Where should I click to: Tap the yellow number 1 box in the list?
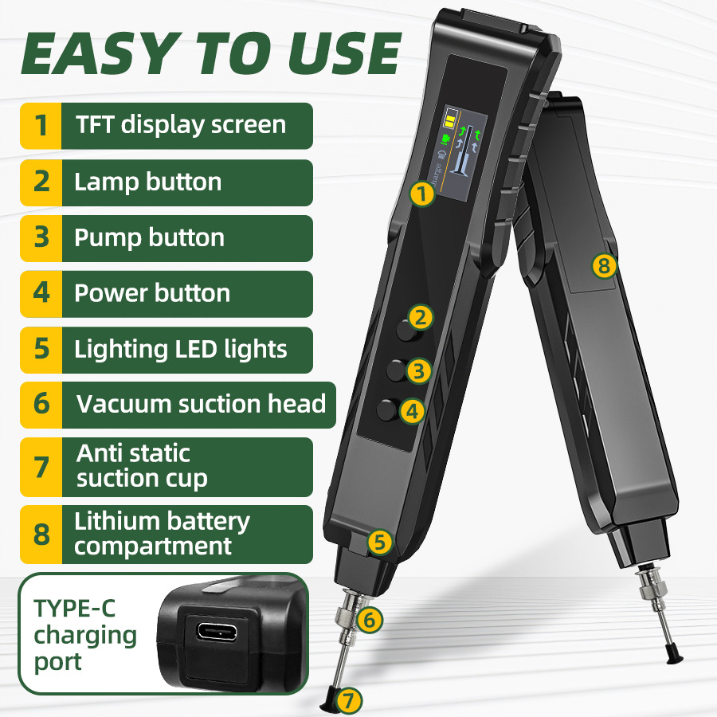(x=41, y=126)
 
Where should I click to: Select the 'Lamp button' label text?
(x=147, y=182)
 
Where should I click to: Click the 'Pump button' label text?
(x=149, y=237)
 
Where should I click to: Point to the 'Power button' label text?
(x=152, y=293)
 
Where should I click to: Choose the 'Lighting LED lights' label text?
(x=181, y=350)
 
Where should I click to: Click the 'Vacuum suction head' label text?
(x=202, y=404)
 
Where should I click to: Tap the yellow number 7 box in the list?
(x=41, y=467)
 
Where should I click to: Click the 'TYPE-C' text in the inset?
(x=75, y=609)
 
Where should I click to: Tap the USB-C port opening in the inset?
(x=217, y=632)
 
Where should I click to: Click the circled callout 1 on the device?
(x=421, y=194)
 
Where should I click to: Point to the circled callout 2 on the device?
(x=421, y=317)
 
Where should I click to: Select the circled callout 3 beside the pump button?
(x=418, y=370)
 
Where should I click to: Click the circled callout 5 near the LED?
(x=379, y=543)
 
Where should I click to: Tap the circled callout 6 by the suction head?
(x=369, y=620)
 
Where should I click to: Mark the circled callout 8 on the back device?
(x=604, y=265)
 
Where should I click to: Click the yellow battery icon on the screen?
(x=450, y=119)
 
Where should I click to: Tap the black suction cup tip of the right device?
(x=675, y=654)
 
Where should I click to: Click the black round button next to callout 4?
(x=387, y=409)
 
